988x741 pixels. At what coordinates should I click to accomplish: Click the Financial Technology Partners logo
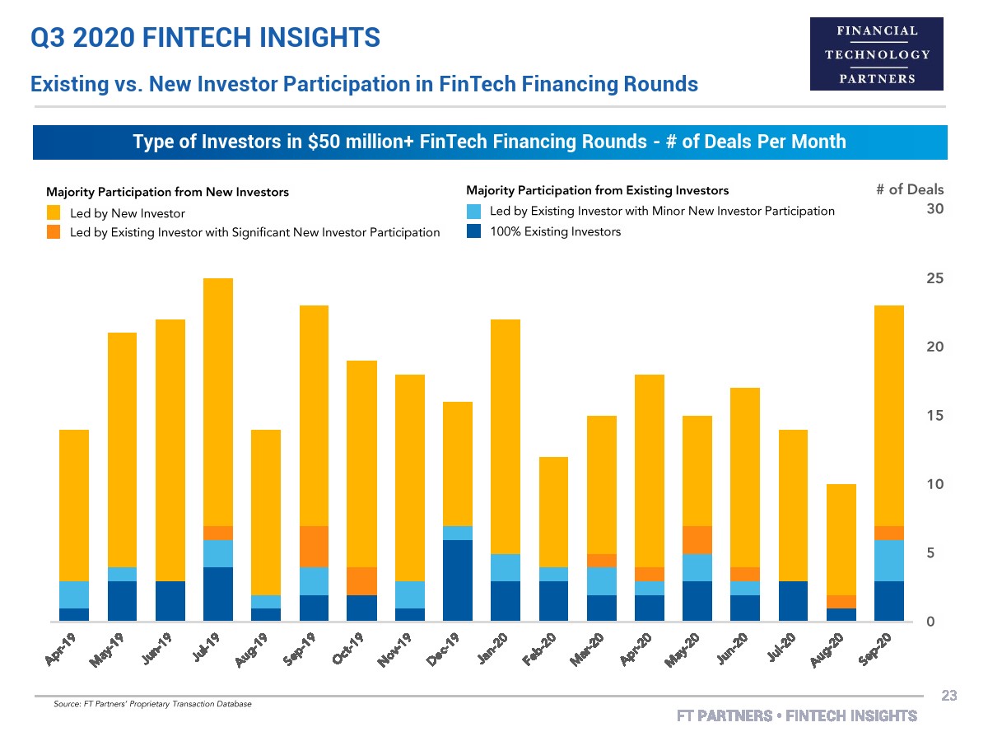877,54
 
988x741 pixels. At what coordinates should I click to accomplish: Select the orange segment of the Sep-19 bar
313,546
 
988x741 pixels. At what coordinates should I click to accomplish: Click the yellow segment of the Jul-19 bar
217,402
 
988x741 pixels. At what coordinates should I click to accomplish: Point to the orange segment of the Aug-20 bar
840,601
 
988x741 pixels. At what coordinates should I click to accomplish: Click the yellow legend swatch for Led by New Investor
54,213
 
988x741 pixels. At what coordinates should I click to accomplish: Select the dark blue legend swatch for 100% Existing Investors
473,231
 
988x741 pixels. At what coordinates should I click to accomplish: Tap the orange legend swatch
54,232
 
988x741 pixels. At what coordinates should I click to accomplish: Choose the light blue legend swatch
473,212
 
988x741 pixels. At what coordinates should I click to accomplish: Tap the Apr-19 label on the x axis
65,650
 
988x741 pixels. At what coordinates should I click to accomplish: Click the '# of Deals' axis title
910,190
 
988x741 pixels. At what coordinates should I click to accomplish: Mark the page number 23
948,697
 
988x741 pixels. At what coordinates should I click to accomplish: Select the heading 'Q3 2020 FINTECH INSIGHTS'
205,37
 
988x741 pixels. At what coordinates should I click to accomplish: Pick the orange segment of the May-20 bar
697,539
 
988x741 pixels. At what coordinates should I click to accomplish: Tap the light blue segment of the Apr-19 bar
73,594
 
